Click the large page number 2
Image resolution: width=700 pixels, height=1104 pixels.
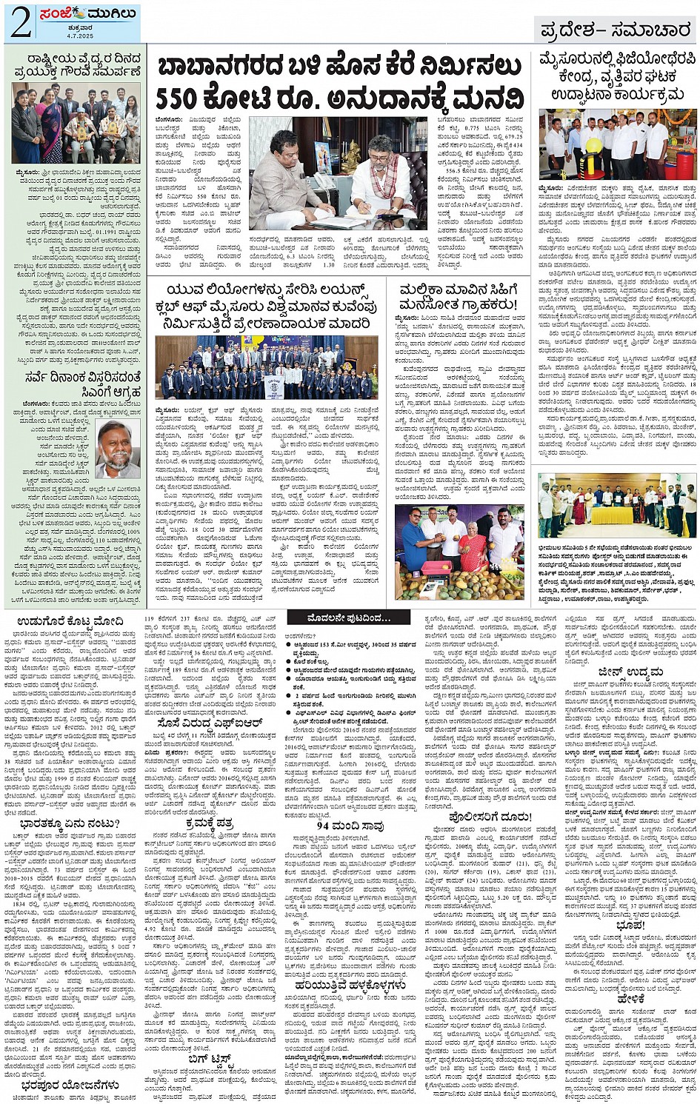(19, 22)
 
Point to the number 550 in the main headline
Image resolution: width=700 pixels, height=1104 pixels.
(188, 98)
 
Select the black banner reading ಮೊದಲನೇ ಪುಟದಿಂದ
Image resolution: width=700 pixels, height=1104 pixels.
(348, 618)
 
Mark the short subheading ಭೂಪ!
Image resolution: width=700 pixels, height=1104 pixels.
(630, 926)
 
